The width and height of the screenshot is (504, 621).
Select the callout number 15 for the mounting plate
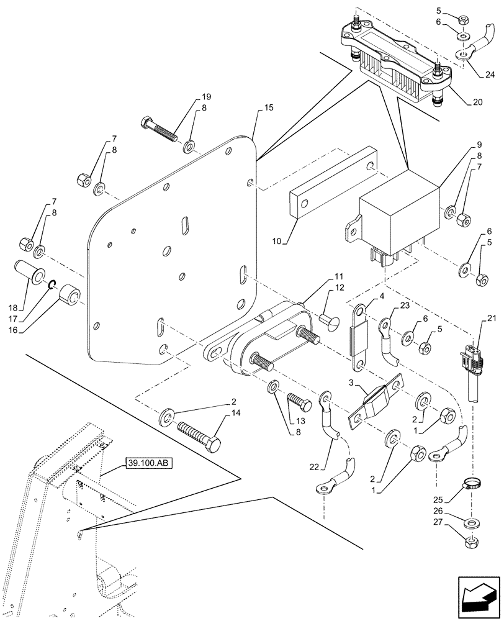(268, 109)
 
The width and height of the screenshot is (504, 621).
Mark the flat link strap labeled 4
(360, 329)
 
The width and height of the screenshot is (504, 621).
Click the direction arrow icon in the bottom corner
(478, 598)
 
